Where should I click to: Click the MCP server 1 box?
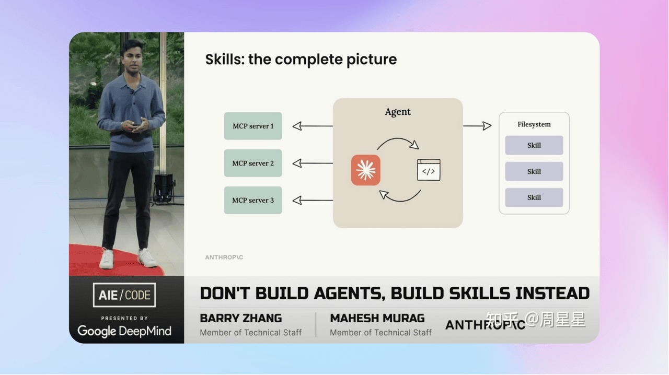tap(253, 126)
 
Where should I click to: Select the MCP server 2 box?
tap(253, 163)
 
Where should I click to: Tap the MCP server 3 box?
tap(253, 200)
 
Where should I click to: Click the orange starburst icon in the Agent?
tap(365, 170)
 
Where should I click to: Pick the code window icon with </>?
tap(429, 170)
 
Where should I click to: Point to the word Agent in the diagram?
tap(398, 112)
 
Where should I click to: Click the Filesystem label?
tap(534, 124)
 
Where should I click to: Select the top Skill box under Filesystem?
tap(534, 145)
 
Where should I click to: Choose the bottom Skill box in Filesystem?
tap(534, 197)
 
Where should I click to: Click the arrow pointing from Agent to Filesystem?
tap(477, 126)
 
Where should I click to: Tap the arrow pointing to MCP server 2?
tap(313, 163)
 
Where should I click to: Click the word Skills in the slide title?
tap(225, 59)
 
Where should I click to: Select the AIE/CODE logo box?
tap(124, 295)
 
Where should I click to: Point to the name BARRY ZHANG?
tap(241, 318)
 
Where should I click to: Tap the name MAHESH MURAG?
tap(377, 318)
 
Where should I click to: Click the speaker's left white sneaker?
tap(147, 257)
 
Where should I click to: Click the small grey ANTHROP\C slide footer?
tap(224, 257)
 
